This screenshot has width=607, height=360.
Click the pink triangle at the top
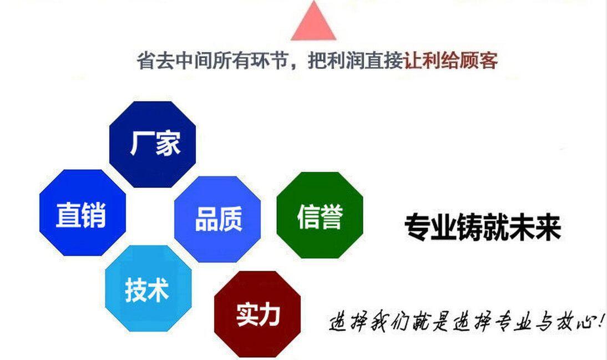313,23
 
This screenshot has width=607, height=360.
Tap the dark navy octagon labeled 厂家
153,144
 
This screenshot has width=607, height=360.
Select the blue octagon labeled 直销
83,212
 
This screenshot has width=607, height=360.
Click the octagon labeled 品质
217,219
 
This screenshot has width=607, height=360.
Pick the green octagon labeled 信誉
320,215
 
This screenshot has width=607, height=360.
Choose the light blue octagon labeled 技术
148,288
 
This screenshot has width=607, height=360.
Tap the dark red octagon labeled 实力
257,314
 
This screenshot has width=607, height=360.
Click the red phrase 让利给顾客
451,60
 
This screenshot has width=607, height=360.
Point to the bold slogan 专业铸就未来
483,227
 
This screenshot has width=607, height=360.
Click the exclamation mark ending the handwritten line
601,319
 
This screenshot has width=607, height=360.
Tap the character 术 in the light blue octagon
158,290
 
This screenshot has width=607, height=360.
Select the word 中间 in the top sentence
194,61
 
